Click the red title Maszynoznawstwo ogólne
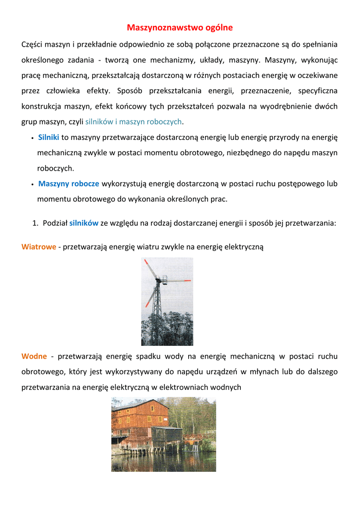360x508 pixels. click(x=180, y=27)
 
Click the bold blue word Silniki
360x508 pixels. click(x=49, y=137)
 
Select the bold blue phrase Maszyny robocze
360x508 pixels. click(x=69, y=184)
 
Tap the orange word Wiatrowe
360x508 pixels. click(x=39, y=247)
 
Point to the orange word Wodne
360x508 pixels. click(x=34, y=356)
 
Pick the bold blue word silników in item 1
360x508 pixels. click(x=84, y=223)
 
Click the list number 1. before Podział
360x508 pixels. click(x=36, y=223)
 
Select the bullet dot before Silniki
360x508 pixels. click(x=32, y=138)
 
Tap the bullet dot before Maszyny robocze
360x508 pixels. click(x=32, y=185)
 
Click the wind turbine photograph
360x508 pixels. click(x=167, y=301)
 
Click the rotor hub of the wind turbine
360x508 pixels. click(x=159, y=281)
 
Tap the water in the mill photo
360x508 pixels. click(x=164, y=461)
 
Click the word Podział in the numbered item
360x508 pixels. click(x=55, y=223)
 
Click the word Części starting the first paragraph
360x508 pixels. click(x=32, y=45)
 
